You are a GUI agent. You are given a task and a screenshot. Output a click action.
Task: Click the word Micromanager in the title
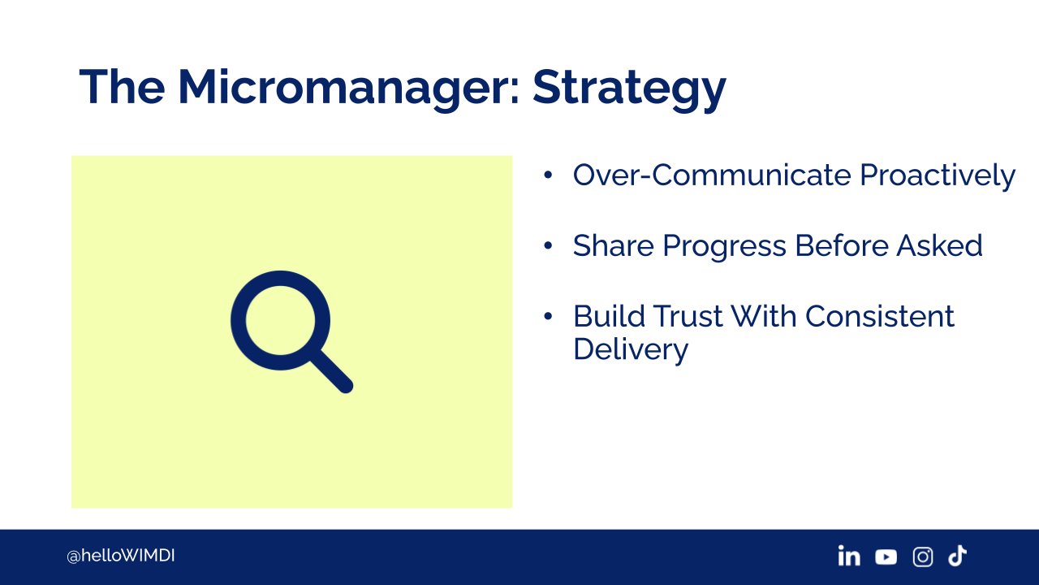[349, 89]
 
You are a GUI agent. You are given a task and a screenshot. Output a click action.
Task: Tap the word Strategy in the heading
[629, 89]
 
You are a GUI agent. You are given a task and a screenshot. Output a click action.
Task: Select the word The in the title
[122, 86]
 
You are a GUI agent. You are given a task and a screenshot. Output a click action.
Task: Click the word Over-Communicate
[712, 175]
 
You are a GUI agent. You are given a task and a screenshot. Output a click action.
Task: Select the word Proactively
[938, 176]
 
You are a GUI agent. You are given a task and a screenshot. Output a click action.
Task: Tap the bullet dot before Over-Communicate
[548, 175]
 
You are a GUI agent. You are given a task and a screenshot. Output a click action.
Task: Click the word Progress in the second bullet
[724, 246]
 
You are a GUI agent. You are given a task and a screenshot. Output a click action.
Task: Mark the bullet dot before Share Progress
[548, 245]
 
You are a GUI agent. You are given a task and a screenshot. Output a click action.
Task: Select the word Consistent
[879, 317]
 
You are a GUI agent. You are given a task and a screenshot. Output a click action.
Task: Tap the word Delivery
[631, 350]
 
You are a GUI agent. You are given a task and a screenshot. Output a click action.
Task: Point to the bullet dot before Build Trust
[548, 317]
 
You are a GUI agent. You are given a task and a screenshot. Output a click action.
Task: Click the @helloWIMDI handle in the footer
[121, 556]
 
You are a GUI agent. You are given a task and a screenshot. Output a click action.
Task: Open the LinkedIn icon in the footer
[849, 555]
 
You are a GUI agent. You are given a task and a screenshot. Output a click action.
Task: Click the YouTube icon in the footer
[886, 557]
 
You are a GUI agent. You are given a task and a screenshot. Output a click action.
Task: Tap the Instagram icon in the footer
[923, 557]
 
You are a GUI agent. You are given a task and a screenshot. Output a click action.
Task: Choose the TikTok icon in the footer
[957, 556]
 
